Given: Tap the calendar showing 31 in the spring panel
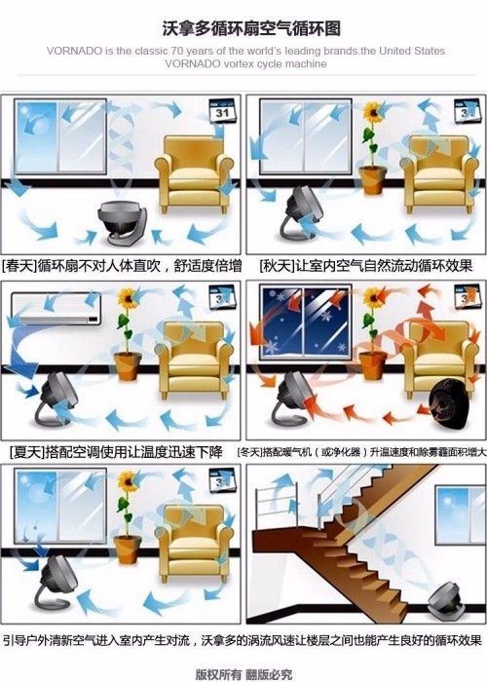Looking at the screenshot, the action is (x=222, y=111).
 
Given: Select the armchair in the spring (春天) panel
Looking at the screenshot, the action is (x=194, y=174).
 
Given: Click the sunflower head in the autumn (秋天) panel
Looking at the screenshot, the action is (x=373, y=112).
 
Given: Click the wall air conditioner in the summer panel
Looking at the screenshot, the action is (x=56, y=309).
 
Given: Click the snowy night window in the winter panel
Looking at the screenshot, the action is (x=305, y=322).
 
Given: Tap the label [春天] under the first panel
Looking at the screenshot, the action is (x=19, y=265).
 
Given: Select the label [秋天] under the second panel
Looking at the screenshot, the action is (x=277, y=265).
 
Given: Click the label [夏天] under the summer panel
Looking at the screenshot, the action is (x=26, y=452).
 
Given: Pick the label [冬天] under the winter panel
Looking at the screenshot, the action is (x=250, y=452).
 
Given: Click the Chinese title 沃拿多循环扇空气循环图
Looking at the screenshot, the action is (x=251, y=28).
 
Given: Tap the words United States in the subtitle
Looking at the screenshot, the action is (x=412, y=51).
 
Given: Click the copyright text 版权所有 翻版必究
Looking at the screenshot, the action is (x=243, y=674).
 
